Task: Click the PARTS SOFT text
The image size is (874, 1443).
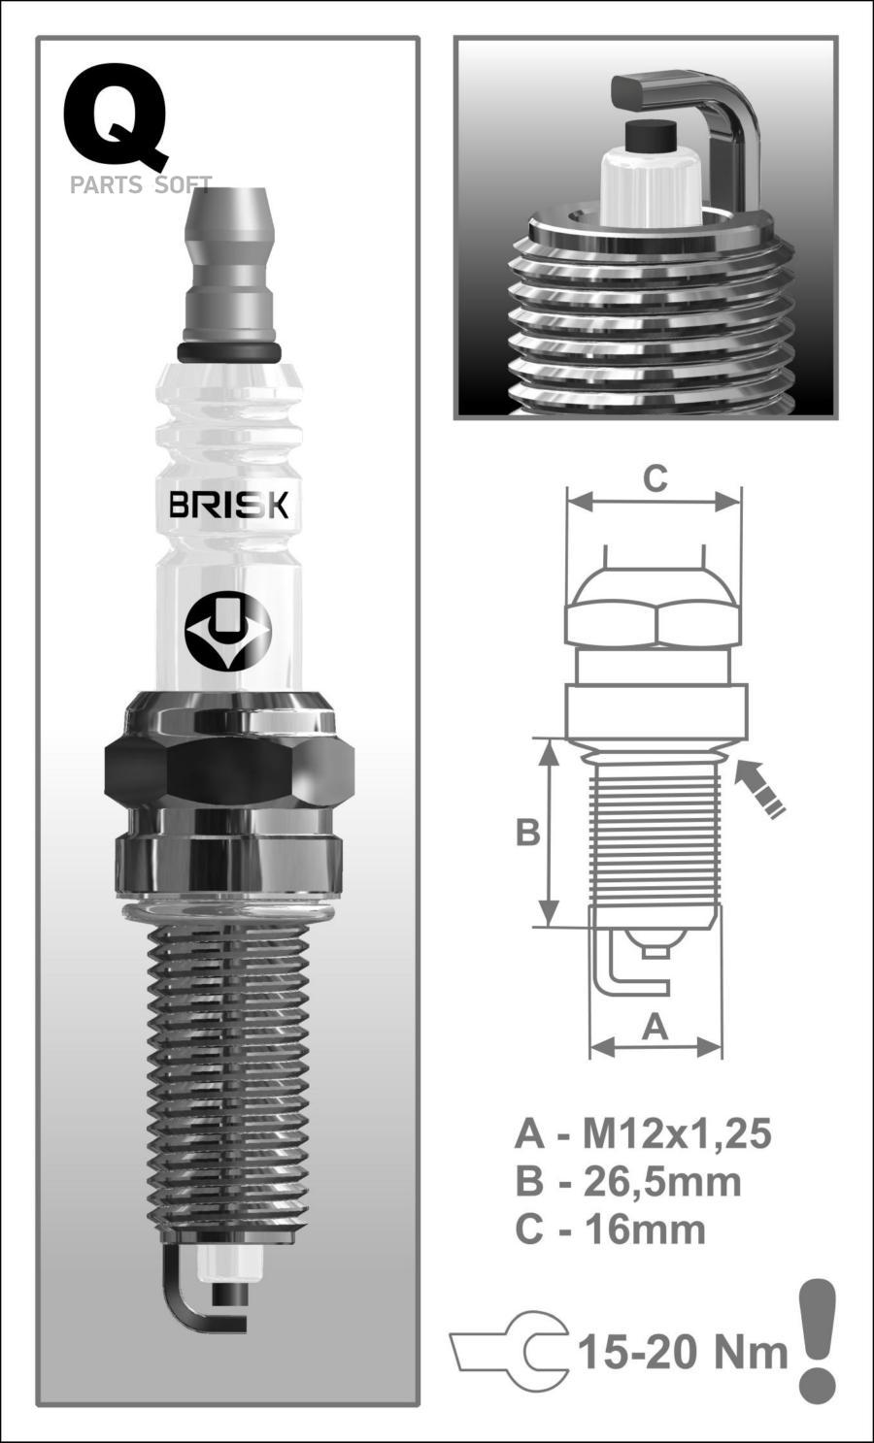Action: tap(140, 185)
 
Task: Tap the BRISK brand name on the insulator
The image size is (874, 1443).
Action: tap(228, 506)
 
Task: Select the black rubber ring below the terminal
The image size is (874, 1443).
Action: tap(229, 350)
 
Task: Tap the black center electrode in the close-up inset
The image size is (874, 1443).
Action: tap(651, 136)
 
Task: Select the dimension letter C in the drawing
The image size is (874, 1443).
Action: tap(655, 478)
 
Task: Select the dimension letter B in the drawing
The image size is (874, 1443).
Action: tap(527, 832)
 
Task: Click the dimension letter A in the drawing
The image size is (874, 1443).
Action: tap(656, 1027)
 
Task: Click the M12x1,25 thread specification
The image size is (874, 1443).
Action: tap(676, 1132)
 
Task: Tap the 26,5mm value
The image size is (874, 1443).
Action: tap(662, 1181)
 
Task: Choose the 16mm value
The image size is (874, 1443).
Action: tap(644, 1230)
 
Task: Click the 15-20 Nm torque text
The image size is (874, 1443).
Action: tap(682, 1351)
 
